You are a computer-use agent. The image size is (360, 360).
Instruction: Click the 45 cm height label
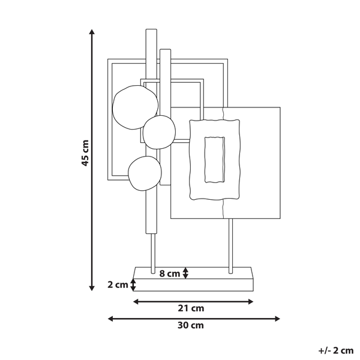85,153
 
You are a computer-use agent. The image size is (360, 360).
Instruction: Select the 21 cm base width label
191,308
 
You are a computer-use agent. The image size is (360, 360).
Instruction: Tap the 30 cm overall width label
191,325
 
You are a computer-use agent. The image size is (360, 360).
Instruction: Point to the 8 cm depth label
169,274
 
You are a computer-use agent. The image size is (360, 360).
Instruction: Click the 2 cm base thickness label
118,284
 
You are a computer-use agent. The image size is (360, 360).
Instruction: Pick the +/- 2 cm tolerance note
335,350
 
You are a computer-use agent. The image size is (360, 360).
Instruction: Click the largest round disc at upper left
135,107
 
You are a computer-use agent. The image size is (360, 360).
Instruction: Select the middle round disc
159,132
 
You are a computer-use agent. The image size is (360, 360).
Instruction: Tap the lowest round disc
145,173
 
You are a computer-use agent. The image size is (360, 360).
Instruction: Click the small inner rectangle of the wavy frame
214,160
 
